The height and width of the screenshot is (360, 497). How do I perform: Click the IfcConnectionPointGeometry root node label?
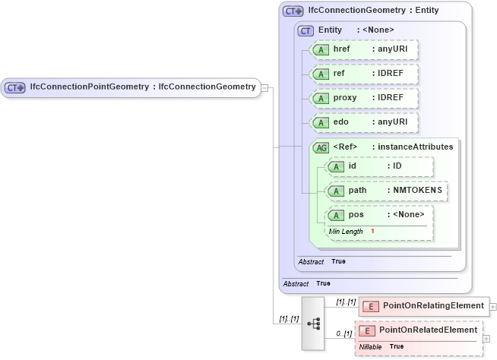[142, 87]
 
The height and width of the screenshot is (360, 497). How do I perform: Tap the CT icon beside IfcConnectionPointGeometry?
[15, 87]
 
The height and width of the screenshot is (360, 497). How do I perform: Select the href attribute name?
[342, 49]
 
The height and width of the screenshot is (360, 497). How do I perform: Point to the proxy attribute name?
[346, 98]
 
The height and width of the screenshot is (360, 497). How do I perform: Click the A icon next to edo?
[321, 122]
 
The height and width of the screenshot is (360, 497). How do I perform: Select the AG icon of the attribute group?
[321, 147]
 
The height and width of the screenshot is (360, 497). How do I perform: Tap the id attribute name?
[353, 166]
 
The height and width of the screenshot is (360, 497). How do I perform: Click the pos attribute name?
[356, 214]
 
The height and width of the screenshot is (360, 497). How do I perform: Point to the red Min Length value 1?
[373, 231]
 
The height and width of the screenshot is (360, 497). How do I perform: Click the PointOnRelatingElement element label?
[433, 305]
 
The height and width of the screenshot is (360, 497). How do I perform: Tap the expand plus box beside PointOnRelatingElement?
[493, 306]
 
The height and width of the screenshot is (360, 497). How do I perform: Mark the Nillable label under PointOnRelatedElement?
[370, 346]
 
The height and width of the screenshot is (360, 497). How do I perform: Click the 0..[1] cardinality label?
[343, 333]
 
